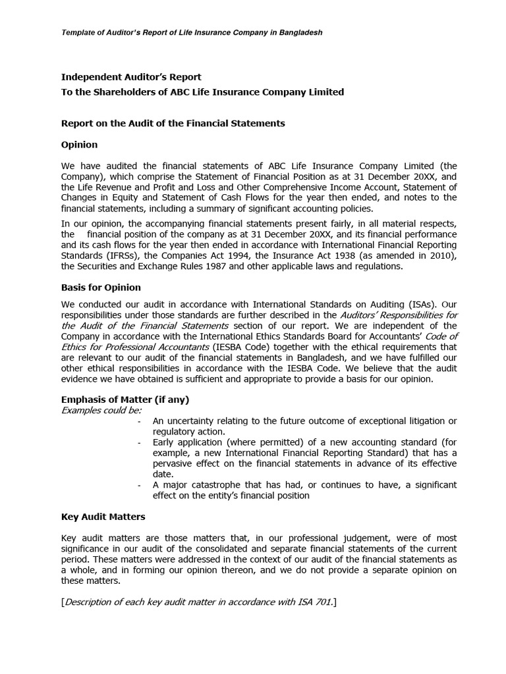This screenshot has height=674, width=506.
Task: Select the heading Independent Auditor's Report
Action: (x=131, y=77)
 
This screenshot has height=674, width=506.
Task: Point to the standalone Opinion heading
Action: (x=79, y=144)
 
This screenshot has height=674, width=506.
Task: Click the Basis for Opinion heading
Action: (x=101, y=288)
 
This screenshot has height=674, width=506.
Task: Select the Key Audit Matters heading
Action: (x=103, y=517)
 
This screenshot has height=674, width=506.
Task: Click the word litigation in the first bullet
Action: (x=421, y=421)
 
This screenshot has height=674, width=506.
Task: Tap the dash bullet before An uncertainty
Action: (x=140, y=421)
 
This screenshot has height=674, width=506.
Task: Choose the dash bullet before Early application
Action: (x=140, y=442)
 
